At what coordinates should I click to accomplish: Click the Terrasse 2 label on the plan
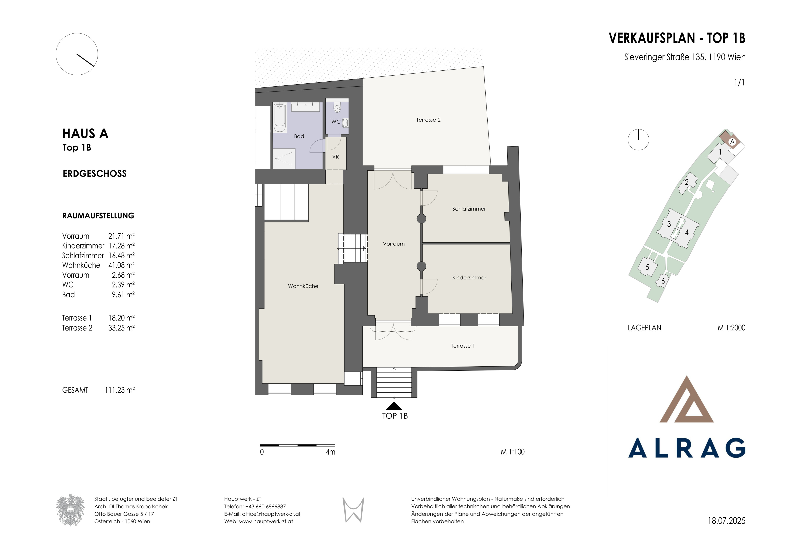pyautogui.click(x=428, y=120)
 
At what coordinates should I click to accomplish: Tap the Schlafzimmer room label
pyautogui.click(x=469, y=209)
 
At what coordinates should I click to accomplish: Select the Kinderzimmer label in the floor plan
pyautogui.click(x=469, y=278)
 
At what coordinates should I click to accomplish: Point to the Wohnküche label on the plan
pyautogui.click(x=303, y=286)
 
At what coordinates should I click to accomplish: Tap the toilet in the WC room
pyautogui.click(x=337, y=108)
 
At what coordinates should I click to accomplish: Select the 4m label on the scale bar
pyautogui.click(x=330, y=452)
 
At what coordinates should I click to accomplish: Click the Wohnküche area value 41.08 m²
pyautogui.click(x=121, y=265)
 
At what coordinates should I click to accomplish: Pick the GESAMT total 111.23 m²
pyautogui.click(x=120, y=390)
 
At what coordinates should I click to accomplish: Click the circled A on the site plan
pyautogui.click(x=732, y=142)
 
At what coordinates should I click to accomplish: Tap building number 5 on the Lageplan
pyautogui.click(x=647, y=267)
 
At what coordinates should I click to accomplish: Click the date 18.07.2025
pyautogui.click(x=726, y=521)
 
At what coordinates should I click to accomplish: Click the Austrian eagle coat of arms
pyautogui.click(x=70, y=510)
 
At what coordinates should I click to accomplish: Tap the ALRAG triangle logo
pyautogui.click(x=687, y=399)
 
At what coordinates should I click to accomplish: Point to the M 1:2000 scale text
pyautogui.click(x=731, y=328)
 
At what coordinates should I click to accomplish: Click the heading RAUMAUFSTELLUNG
pyautogui.click(x=98, y=216)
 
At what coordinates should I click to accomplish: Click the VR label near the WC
pyautogui.click(x=335, y=157)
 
